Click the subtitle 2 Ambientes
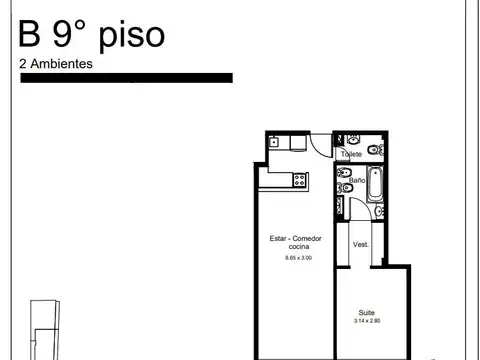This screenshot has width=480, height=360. coord(56,63)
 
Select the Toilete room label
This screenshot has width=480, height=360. coord(351,155)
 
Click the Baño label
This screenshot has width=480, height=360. coord(357,180)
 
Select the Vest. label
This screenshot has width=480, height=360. coord(361,244)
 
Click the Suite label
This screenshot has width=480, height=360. coord(367,312)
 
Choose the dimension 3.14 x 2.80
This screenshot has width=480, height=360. coord(367,321)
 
